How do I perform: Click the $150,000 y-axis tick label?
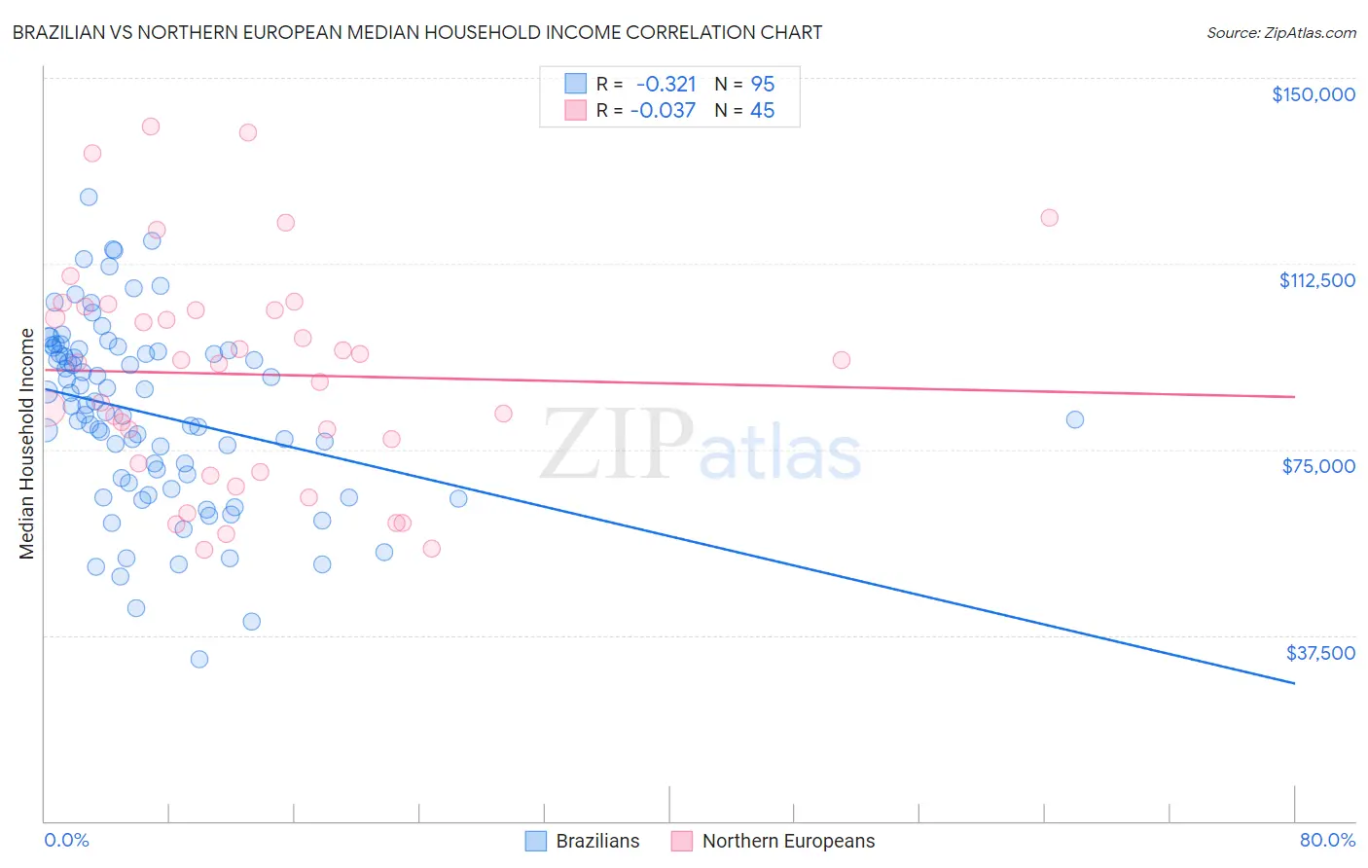click(x=1313, y=94)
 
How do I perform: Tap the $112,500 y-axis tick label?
click(x=1316, y=280)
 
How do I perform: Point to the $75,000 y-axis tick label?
click(x=1318, y=466)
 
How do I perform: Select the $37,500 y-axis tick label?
click(x=1320, y=653)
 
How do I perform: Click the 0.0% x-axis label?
click(x=66, y=840)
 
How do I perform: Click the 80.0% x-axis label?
click(x=1327, y=840)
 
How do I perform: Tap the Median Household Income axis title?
click(x=26, y=444)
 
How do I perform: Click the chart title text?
click(x=417, y=32)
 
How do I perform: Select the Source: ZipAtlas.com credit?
click(x=1280, y=32)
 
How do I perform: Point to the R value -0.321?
click(x=666, y=84)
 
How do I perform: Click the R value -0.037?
click(x=663, y=110)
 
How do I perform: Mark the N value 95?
click(x=762, y=84)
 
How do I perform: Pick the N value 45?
click(x=762, y=110)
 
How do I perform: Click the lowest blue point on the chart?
click(x=199, y=659)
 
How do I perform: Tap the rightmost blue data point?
click(x=1075, y=419)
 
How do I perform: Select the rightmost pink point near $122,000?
click(x=1049, y=218)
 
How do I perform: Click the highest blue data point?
click(x=89, y=197)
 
